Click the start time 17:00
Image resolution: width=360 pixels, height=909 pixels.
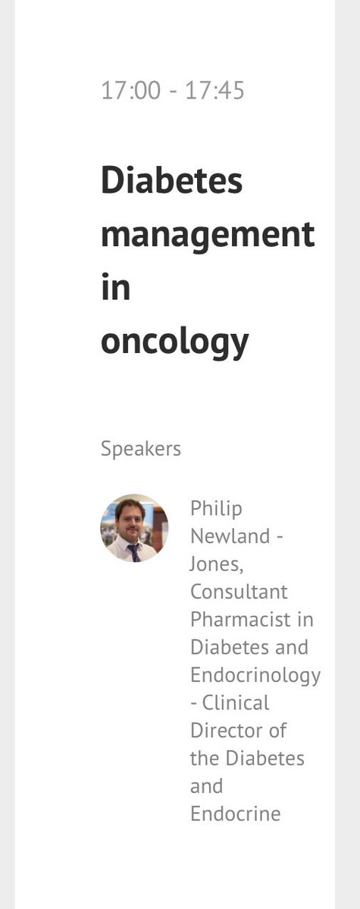pyautogui.click(x=130, y=91)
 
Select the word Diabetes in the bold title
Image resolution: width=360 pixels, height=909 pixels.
pyautogui.click(x=171, y=181)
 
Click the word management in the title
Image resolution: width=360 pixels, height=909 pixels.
pyautogui.click(x=207, y=234)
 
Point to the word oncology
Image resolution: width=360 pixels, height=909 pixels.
pyautogui.click(x=174, y=342)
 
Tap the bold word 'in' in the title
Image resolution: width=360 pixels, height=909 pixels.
pyautogui.click(x=115, y=287)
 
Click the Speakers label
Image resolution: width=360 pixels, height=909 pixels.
pyautogui.click(x=141, y=448)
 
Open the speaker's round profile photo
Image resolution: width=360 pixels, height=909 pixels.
pyautogui.click(x=134, y=528)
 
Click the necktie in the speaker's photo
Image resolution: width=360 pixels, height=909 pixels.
pyautogui.click(x=133, y=551)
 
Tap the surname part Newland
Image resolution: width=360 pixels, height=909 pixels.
pyautogui.click(x=230, y=536)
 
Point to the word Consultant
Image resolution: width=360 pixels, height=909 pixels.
pyautogui.click(x=238, y=592)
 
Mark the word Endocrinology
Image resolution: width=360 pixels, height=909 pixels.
pyautogui.click(x=255, y=675)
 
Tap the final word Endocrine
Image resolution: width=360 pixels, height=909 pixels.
pyautogui.click(x=235, y=814)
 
